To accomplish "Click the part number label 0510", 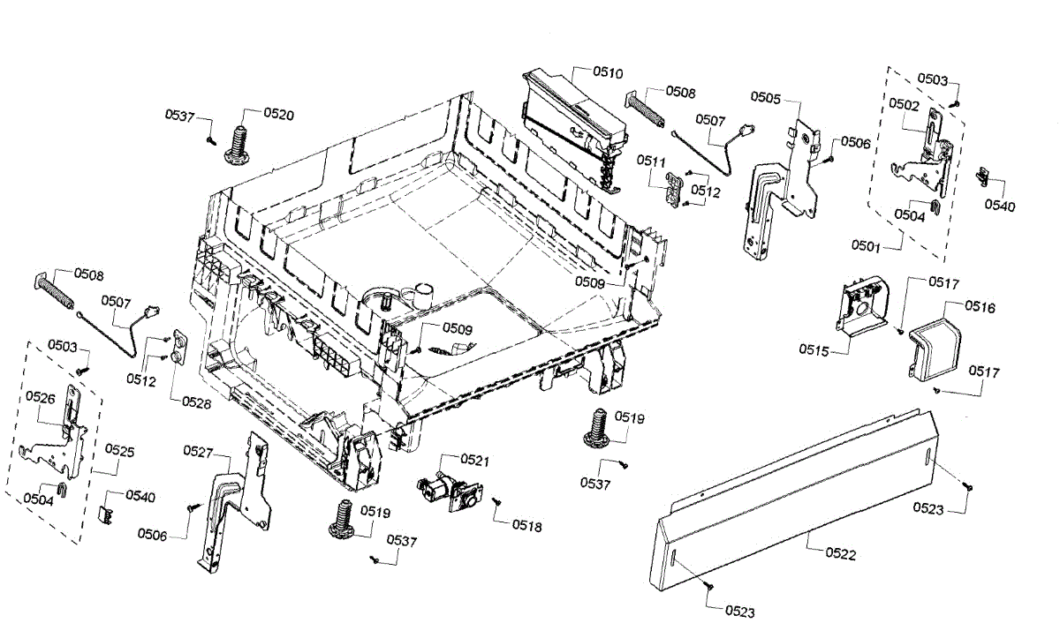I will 608,71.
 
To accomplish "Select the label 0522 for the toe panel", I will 840,553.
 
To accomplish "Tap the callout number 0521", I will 473,460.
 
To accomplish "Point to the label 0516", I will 980,308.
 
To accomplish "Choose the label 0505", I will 766,98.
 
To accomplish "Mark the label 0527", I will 199,451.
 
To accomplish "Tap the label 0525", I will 119,451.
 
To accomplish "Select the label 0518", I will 526,526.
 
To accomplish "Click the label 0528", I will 196,402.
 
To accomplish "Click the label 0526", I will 41,397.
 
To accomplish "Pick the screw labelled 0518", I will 497,502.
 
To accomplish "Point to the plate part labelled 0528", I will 181,346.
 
